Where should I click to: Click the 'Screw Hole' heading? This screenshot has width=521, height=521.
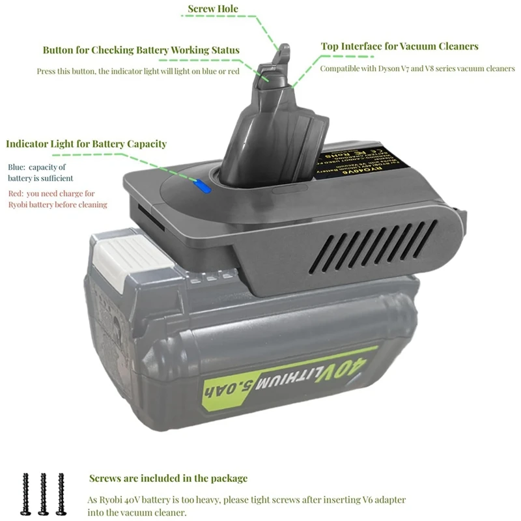(x=213, y=9)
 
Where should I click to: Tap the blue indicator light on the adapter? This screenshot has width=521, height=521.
(x=203, y=187)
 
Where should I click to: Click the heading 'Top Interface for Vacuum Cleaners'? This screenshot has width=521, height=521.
(x=400, y=47)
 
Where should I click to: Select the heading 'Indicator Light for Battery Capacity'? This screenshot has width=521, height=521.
(x=87, y=144)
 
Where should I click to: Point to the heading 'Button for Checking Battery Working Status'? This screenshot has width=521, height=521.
(x=141, y=50)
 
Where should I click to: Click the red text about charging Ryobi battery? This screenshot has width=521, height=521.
(x=57, y=199)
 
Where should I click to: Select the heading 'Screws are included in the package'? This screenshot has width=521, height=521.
(x=168, y=479)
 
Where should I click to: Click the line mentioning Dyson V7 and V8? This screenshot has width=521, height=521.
(x=417, y=68)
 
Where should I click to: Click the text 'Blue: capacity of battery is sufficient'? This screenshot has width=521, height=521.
(x=40, y=173)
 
